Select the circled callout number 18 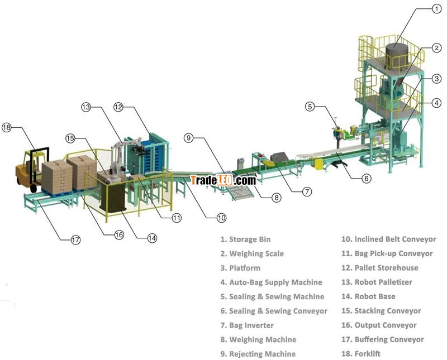[x=7, y=127]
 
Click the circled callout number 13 [x=85, y=107]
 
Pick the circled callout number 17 [x=75, y=240]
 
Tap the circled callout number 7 [x=307, y=191]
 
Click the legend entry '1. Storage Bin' [x=245, y=239]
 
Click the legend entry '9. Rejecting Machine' [x=258, y=353]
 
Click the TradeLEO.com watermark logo [x=222, y=180]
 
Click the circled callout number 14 [x=152, y=237]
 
